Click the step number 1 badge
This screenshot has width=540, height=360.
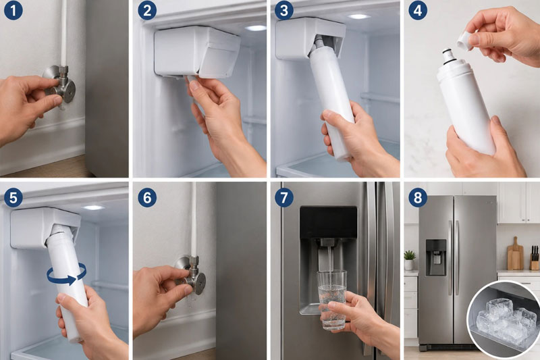point(13,10)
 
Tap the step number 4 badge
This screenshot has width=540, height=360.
point(418,10)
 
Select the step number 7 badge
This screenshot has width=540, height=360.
point(283,198)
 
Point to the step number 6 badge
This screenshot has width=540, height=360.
point(147,198)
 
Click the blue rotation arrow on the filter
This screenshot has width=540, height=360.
point(67,274)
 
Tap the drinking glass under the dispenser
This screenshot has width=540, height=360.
point(332,299)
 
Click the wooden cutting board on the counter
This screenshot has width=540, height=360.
point(515,253)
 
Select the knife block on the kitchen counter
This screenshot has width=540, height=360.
point(534,258)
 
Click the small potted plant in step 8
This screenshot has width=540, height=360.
point(410,260)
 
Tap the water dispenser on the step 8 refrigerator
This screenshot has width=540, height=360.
point(436,258)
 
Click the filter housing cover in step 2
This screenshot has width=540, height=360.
point(197,52)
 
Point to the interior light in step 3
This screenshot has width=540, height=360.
point(358,16)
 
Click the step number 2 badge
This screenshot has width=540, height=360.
point(147,10)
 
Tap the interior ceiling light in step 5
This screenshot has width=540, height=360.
point(92,208)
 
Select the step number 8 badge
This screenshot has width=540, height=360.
point(418,198)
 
